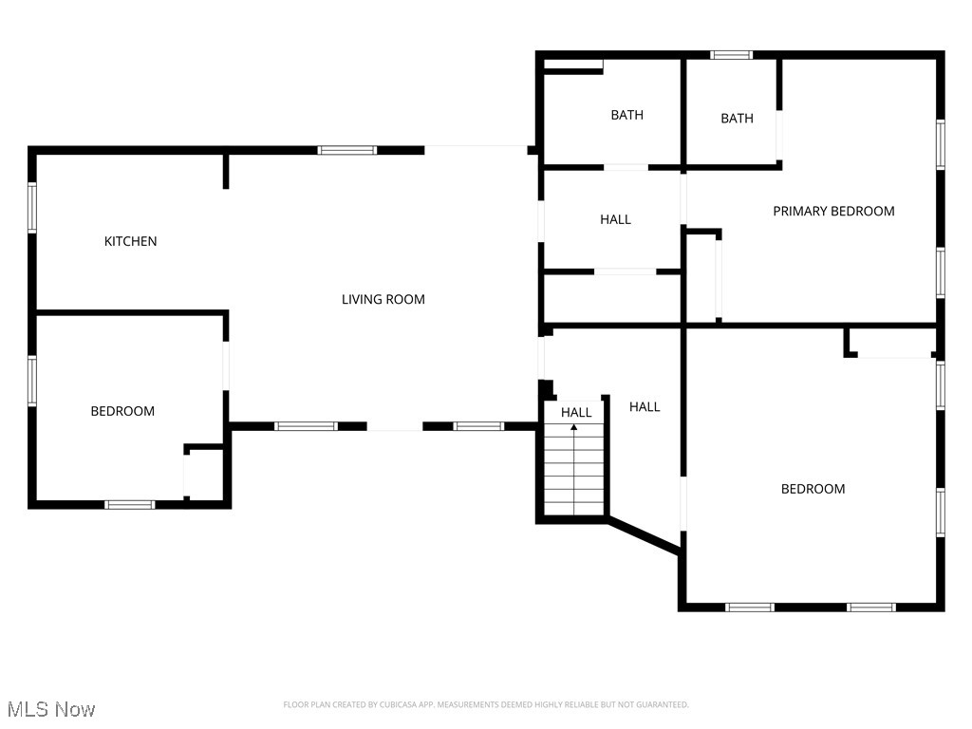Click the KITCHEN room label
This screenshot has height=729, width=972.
click(130, 241)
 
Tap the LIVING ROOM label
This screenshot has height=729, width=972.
click(383, 299)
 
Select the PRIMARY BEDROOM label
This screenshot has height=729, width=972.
click(833, 211)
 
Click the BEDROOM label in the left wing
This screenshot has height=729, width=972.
click(122, 411)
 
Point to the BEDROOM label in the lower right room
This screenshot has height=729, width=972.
click(813, 489)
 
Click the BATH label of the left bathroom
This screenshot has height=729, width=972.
click(626, 115)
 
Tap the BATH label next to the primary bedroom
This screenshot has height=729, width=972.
click(737, 119)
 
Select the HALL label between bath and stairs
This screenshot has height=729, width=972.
click(615, 219)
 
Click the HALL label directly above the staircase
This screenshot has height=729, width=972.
click(576, 412)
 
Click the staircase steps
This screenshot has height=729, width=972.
click(574, 475)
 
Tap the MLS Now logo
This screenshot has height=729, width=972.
click(51, 709)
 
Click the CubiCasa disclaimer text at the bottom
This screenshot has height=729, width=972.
click(486, 704)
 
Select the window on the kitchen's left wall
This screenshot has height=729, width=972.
click(32, 208)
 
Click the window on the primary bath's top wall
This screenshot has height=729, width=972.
click(732, 55)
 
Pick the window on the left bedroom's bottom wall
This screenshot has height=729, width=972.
click(130, 504)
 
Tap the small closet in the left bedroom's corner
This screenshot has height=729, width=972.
click(205, 474)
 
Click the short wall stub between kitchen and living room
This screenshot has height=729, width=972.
click(226, 171)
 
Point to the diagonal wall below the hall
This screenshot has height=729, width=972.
click(645, 533)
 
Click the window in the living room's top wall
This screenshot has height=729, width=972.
click(346, 150)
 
